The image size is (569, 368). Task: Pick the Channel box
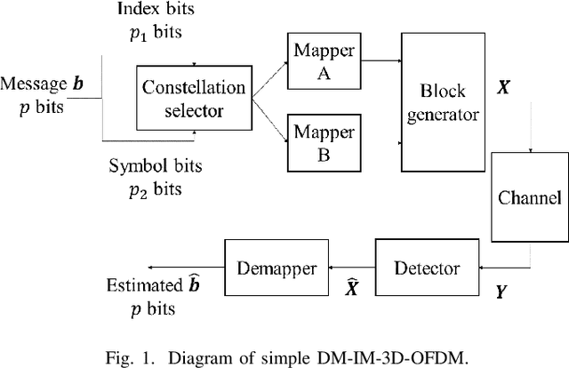pyautogui.click(x=529, y=196)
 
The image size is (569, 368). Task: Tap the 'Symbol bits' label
pyautogui.click(x=156, y=165)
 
